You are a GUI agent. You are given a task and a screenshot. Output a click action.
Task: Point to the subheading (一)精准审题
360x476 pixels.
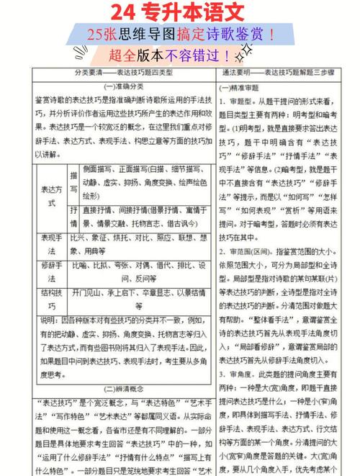point(241,86)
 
